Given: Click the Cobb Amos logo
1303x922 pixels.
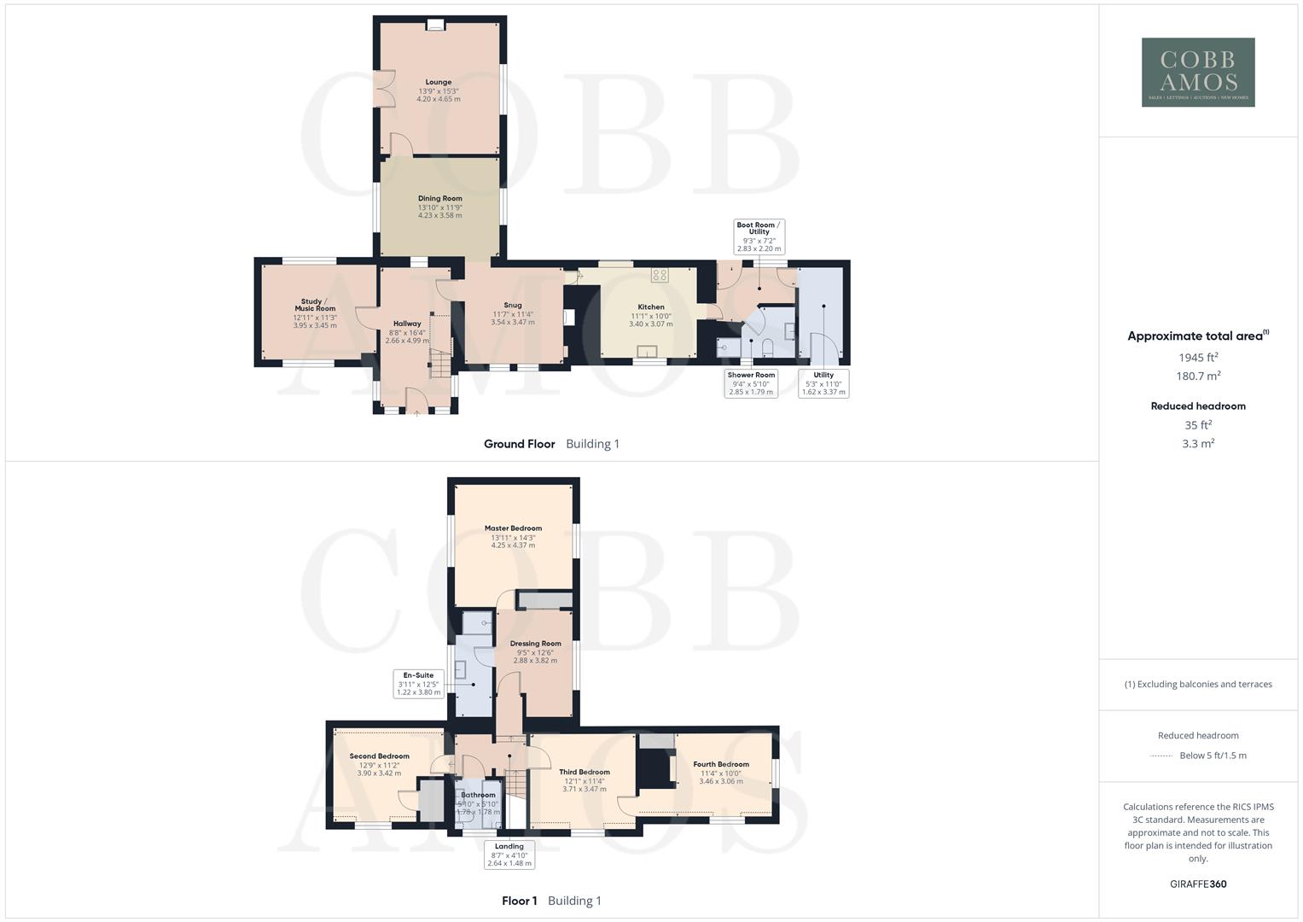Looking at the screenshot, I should point(1198,72).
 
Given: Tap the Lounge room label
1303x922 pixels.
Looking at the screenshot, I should point(439,83).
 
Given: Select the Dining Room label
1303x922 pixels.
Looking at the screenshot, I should point(439,199).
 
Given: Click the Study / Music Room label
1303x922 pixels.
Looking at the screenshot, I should point(315,305).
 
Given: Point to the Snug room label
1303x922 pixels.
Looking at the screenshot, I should point(512,305).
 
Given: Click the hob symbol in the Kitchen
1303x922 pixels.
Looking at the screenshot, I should point(660,275).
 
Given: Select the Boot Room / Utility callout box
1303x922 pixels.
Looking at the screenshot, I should point(759,236).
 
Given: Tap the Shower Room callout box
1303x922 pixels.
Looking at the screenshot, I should point(751,383).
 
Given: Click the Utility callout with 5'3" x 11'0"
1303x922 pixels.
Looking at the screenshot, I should point(823,383).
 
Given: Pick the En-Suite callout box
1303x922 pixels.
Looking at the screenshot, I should point(418,683).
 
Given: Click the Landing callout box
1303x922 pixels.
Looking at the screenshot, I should point(509,855).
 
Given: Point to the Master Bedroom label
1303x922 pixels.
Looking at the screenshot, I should point(513,528).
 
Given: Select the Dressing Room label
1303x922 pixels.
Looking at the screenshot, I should point(535,644).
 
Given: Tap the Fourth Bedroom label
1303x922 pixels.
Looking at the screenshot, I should point(721,765).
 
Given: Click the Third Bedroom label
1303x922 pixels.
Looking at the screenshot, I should point(585,773).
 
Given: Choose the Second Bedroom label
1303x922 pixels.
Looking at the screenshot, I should point(379,756).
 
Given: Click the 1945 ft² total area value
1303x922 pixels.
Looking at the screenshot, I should point(1198,357).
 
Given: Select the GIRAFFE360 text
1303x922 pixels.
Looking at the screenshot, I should point(1198,884).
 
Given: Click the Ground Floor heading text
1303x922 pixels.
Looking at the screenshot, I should point(519,444).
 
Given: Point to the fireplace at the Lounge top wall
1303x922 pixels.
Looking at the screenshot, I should point(435,25).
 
